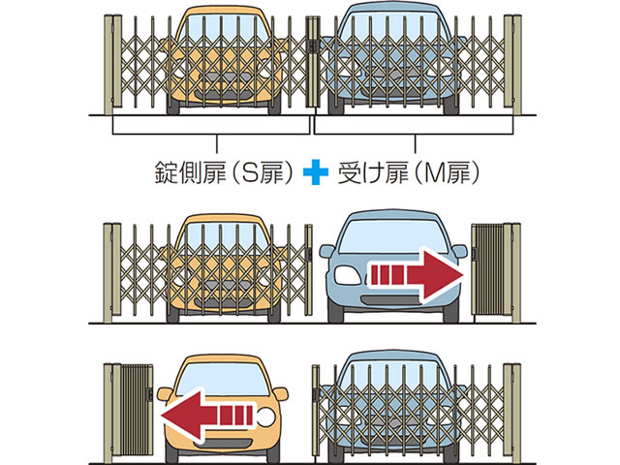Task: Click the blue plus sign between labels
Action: pyautogui.click(x=316, y=172)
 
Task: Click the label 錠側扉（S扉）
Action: pyautogui.click(x=224, y=172)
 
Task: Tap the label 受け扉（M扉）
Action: pyautogui.click(x=409, y=172)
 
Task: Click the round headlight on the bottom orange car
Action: pyautogui.click(x=266, y=418)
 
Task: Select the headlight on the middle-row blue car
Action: pyautogui.click(x=348, y=275)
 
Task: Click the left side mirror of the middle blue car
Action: pyautogui.click(x=327, y=251)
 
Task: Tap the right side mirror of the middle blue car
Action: pyautogui.click(x=459, y=251)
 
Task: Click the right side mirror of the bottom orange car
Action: pyautogui.click(x=281, y=394)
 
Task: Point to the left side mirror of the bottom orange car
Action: pyautogui.click(x=165, y=394)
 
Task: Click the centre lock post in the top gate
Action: pyautogui.click(x=313, y=62)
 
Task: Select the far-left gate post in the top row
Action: pyautogui.click(x=108, y=65)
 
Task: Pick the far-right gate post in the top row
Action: pyautogui.click(x=516, y=65)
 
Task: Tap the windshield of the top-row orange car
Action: pyautogui.click(x=223, y=29)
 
